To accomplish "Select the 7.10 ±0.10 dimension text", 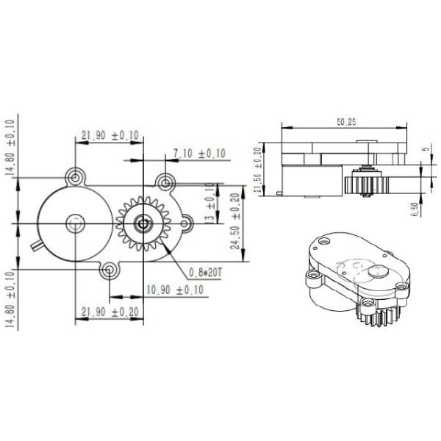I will click(199, 153).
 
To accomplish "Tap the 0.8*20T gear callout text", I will click(205, 272).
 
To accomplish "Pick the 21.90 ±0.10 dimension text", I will click(110, 135).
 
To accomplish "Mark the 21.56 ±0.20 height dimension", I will click(258, 171).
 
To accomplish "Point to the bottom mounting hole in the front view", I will click(109, 272).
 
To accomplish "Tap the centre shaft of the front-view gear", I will click(143, 223).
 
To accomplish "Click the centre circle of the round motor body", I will click(74, 223).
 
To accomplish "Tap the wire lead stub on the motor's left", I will click(35, 243).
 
